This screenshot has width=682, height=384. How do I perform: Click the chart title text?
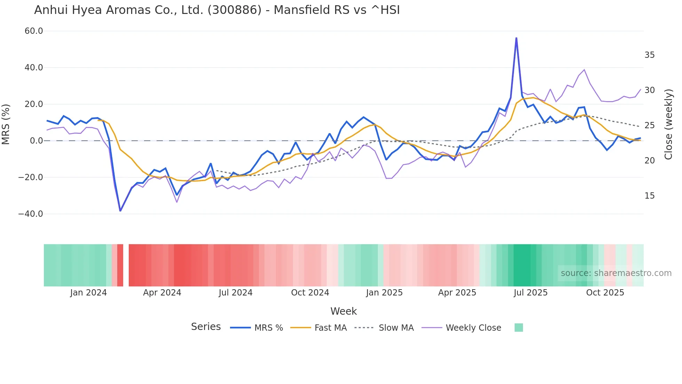pyautogui.click(x=217, y=10)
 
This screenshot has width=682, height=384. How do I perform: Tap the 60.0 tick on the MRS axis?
pyautogui.click(x=34, y=31)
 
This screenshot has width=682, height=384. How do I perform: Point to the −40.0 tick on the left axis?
pyautogui.click(x=31, y=214)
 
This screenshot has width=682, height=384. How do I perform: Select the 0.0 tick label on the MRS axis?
pyautogui.click(x=36, y=141)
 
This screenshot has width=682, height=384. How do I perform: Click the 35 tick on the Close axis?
pyautogui.click(x=649, y=55)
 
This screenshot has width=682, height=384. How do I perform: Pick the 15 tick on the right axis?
pyautogui.click(x=649, y=196)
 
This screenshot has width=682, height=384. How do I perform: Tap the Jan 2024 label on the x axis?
pyautogui.click(x=88, y=293)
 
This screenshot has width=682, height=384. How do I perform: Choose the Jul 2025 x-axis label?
pyautogui.click(x=531, y=293)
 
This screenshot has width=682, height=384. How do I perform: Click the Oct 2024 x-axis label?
pyautogui.click(x=310, y=293)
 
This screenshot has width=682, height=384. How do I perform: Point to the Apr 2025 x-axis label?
pyautogui.click(x=457, y=293)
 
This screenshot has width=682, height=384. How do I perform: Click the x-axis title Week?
pyautogui.click(x=343, y=311)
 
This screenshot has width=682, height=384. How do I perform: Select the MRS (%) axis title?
pyautogui.click(x=6, y=124)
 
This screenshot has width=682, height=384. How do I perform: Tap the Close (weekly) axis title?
pyautogui.click(x=668, y=124)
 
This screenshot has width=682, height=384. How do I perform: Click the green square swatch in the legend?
pyautogui.click(x=518, y=328)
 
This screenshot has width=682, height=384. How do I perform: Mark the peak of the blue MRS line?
pyautogui.click(x=516, y=38)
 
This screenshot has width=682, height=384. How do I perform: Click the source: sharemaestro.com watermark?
pyautogui.click(x=616, y=273)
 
